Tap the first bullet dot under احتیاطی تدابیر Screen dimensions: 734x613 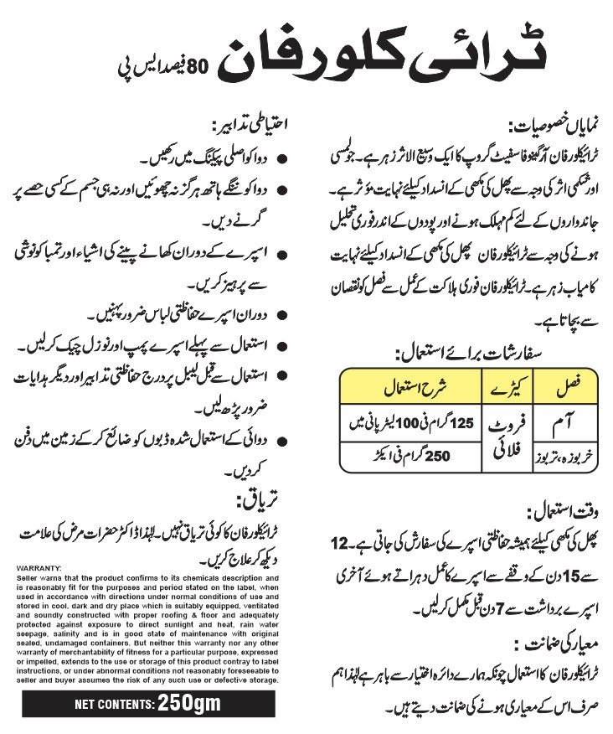[x=279, y=158]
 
